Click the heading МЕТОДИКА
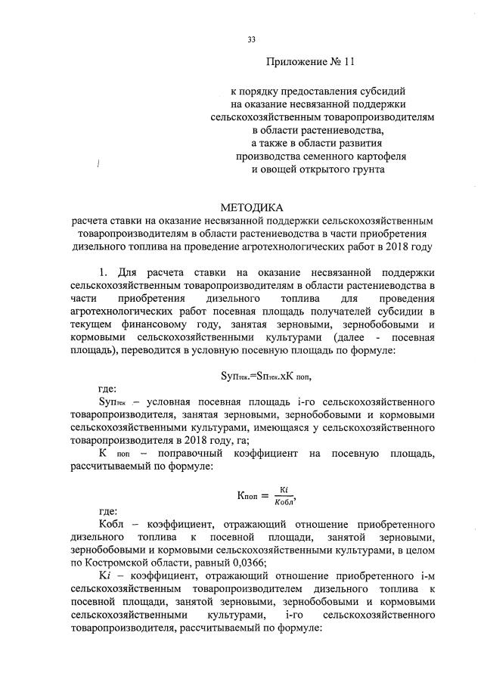[252, 206]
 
